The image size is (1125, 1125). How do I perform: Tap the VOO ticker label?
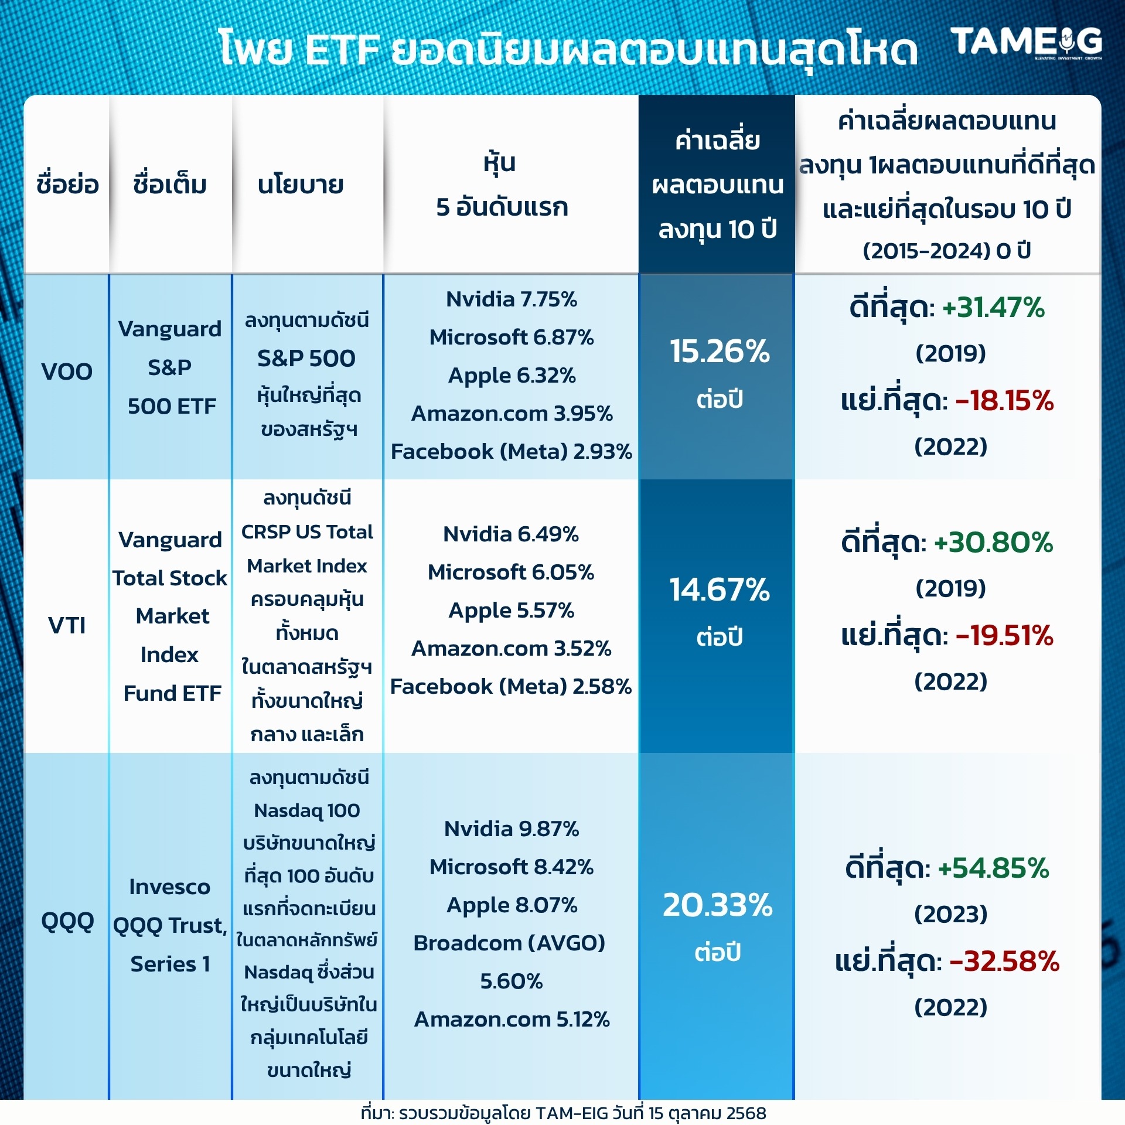pos(67,371)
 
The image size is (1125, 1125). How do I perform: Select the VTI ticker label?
pos(67,625)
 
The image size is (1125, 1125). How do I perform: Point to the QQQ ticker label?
pos(67,922)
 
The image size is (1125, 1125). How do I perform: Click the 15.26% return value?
pos(720,351)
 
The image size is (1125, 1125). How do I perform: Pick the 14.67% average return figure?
pos(720,589)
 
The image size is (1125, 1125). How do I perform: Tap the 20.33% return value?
pos(718,905)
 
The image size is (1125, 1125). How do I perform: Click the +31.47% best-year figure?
pos(994,307)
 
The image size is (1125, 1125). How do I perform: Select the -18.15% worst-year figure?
pos(1005,401)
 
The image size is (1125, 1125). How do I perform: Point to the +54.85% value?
pos(994,868)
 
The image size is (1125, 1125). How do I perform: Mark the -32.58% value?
pos(1005,962)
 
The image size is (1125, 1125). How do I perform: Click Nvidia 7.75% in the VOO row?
pos(512,299)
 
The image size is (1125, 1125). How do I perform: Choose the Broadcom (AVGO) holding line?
pos(509,943)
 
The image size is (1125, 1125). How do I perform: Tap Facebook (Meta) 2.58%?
pos(511,686)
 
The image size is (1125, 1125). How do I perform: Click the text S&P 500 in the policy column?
pos(306,358)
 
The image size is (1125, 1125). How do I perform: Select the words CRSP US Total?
pos(307,531)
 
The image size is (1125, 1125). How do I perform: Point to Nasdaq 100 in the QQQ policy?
pos(307,810)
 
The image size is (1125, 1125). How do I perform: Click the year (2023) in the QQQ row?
pos(951,914)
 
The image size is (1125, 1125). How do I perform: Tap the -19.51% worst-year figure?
pos(1005,635)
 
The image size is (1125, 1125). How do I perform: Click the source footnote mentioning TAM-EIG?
pos(564,1113)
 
